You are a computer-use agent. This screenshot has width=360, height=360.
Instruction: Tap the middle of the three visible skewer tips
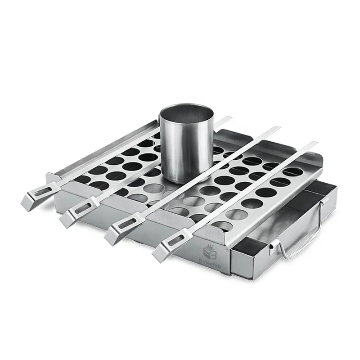pyautogui.click(x=275, y=129)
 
